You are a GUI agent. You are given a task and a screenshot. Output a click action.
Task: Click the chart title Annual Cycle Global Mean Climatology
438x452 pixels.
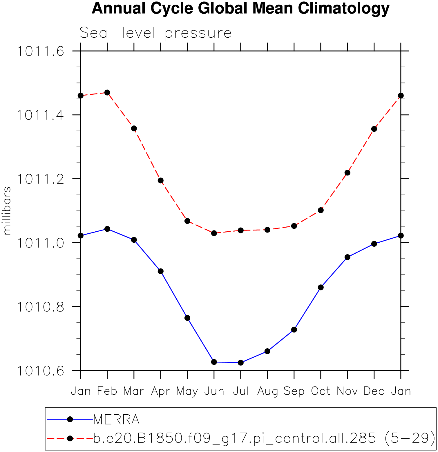[240, 8]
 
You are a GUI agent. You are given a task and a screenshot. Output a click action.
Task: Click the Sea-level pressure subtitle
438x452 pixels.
[155, 33]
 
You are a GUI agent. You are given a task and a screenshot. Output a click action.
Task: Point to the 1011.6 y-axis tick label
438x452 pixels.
[41, 51]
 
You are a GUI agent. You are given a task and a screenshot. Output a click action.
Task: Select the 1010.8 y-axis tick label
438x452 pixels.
[41, 307]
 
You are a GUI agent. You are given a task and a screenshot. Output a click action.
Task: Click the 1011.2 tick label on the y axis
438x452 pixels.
[41, 179]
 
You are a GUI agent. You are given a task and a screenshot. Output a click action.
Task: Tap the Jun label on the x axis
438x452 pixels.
[214, 391]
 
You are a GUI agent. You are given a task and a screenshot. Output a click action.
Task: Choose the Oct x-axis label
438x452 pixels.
[321, 391]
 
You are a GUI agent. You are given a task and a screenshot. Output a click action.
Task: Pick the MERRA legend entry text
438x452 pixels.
[116, 420]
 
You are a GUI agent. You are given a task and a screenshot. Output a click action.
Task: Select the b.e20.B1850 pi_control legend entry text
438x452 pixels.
[264, 438]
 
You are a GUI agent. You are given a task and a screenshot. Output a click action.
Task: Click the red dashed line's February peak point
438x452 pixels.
[107, 93]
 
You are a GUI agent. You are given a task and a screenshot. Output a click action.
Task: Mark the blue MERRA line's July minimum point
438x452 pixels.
[241, 363]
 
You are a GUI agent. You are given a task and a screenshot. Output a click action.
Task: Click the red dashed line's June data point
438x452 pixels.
[214, 233]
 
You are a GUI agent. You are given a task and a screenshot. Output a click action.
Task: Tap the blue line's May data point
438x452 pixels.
[187, 318]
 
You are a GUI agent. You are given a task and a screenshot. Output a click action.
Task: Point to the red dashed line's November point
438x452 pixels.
[347, 173]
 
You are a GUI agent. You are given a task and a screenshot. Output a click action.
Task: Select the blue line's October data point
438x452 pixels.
[321, 287]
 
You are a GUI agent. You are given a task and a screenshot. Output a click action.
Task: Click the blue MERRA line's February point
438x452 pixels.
[107, 229]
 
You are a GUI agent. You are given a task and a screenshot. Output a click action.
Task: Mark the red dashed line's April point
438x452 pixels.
[161, 180]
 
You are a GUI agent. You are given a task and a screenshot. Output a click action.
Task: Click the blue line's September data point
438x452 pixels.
[294, 330]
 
